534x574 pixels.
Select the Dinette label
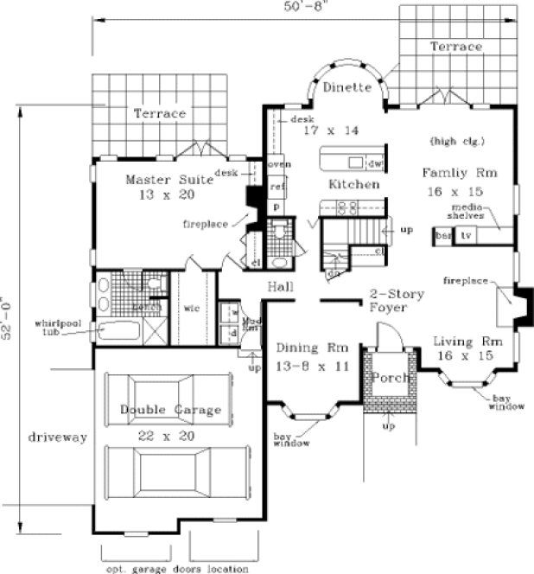pos(346,87)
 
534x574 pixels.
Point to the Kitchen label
pos(353,185)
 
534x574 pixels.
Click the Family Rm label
pos(456,172)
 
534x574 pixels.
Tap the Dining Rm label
pos(312,348)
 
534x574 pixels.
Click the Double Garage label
pos(170,410)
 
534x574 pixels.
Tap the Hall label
pos(280,286)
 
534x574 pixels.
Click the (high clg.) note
pos(456,140)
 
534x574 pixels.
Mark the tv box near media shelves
pos(466,235)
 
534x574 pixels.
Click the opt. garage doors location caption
pos(176,568)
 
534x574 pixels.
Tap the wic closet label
pos(191,305)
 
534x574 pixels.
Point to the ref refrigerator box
pos(277,186)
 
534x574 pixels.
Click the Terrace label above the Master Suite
pos(160,113)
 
